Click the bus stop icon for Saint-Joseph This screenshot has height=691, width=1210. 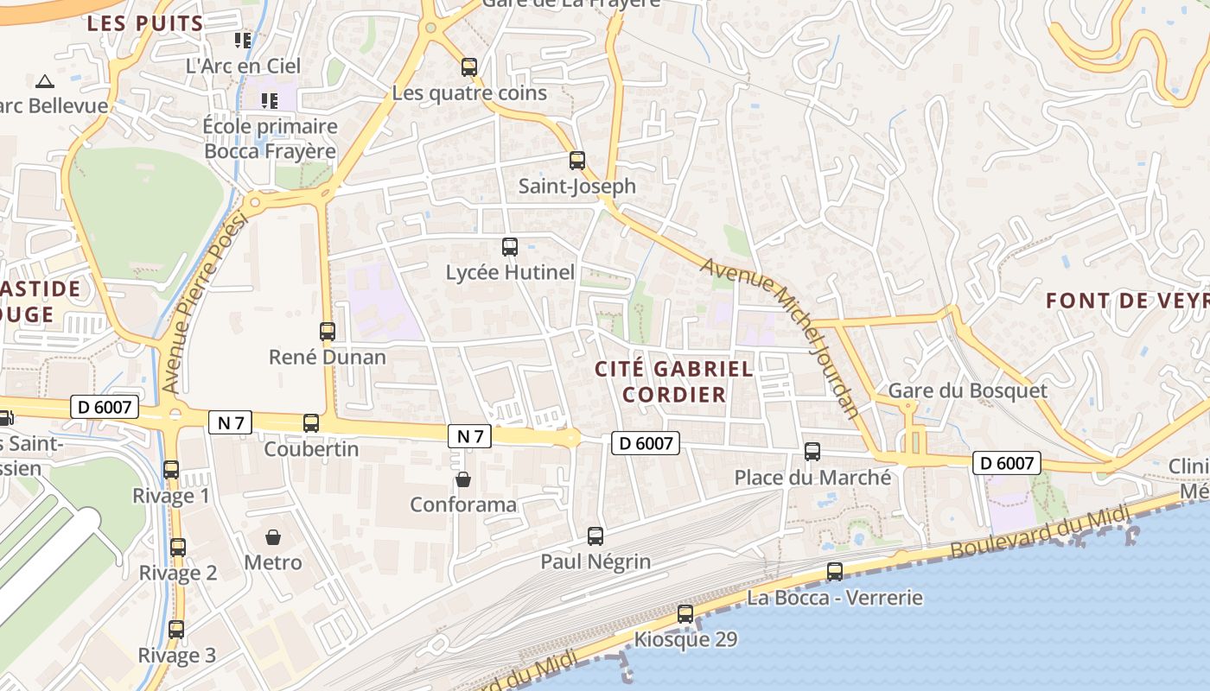coord(577,160)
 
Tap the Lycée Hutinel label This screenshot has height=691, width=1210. coord(510,273)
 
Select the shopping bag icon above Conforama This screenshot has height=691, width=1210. coord(463,479)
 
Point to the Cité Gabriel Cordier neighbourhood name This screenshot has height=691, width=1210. coord(674,382)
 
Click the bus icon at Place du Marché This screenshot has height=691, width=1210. coord(812,451)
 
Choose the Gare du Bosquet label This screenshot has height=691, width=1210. coord(967,390)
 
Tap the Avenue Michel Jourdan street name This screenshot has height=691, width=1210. coord(781,338)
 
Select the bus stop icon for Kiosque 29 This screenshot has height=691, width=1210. coord(685,614)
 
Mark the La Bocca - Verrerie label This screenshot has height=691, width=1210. coord(835,598)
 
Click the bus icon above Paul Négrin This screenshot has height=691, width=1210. coord(595,536)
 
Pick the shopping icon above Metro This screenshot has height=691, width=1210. coord(273,537)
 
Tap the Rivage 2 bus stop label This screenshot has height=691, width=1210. coord(178,573)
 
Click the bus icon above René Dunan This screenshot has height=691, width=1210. coord(328,331)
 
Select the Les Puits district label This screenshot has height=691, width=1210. coord(145,23)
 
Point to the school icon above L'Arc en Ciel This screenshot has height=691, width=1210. coord(244,40)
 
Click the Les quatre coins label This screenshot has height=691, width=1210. coord(469,92)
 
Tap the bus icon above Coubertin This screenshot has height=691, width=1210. coord(311,423)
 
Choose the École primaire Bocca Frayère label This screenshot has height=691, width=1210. coord(271,139)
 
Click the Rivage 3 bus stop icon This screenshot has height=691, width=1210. coord(176,630)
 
